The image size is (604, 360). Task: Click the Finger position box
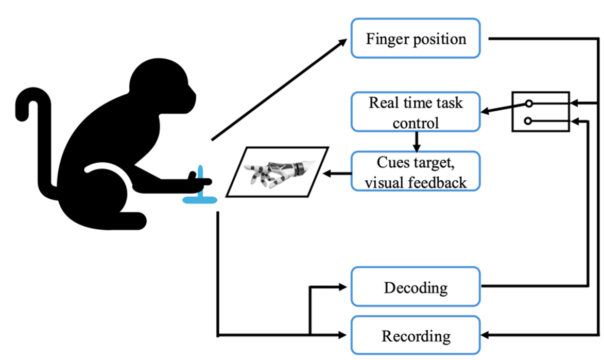tap(416, 38)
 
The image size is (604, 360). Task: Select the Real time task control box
tap(416, 112)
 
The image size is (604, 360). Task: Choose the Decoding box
tap(416, 286)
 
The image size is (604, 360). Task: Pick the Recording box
tap(416, 336)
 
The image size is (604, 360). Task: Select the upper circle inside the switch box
tap(529, 104)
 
